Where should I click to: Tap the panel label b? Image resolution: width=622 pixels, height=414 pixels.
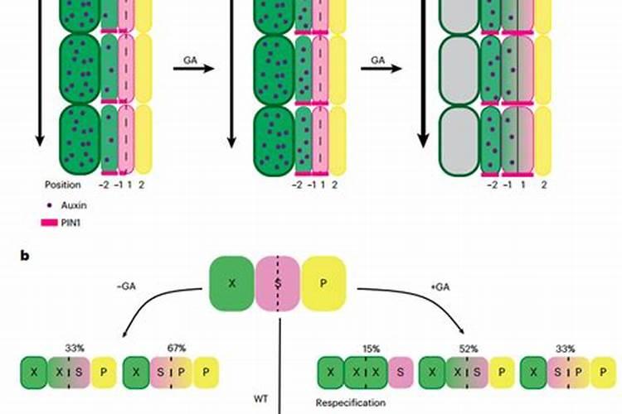[x=25, y=257]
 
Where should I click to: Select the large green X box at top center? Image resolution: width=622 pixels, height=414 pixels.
[x=231, y=282]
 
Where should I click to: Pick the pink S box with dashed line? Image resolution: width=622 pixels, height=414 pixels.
[x=278, y=282]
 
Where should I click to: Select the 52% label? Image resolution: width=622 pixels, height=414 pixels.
[x=469, y=349]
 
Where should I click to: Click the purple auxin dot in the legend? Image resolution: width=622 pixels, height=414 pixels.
[x=48, y=205]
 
